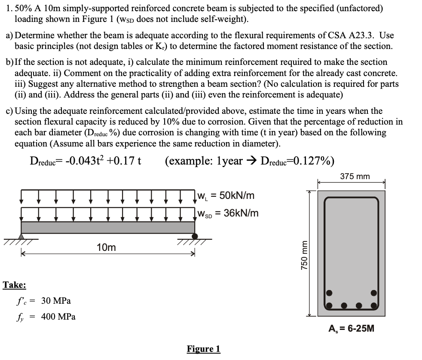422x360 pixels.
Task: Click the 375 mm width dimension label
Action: click(x=355, y=177)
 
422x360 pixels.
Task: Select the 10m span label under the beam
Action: click(x=106, y=247)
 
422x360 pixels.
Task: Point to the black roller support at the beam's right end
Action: click(x=195, y=236)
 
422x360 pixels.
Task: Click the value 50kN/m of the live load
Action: click(x=237, y=196)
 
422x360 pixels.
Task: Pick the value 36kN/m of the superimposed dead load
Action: click(x=241, y=213)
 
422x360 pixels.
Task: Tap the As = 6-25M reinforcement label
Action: click(x=351, y=329)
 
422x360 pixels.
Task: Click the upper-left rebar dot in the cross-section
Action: click(x=329, y=293)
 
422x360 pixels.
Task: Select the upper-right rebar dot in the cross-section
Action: click(x=374, y=293)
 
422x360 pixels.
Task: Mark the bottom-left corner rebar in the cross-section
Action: click(x=329, y=306)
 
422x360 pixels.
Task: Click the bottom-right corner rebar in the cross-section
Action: click(x=374, y=306)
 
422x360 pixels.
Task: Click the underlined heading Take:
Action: click(x=14, y=285)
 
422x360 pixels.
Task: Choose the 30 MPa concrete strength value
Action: click(x=56, y=301)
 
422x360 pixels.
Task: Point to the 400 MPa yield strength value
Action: click(x=58, y=317)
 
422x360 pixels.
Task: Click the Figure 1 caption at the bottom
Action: click(x=203, y=349)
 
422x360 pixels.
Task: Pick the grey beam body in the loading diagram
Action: click(x=107, y=227)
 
